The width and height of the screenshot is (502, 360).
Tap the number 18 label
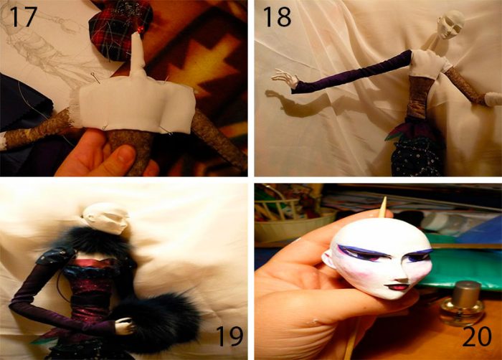277,16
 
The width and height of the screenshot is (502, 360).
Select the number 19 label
229,336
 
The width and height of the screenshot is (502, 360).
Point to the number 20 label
477,336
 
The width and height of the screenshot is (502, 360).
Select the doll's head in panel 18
450,24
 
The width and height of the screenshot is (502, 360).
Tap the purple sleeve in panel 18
352,71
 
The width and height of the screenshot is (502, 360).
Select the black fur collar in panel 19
93,240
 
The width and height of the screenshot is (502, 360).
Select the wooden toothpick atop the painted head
383,207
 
